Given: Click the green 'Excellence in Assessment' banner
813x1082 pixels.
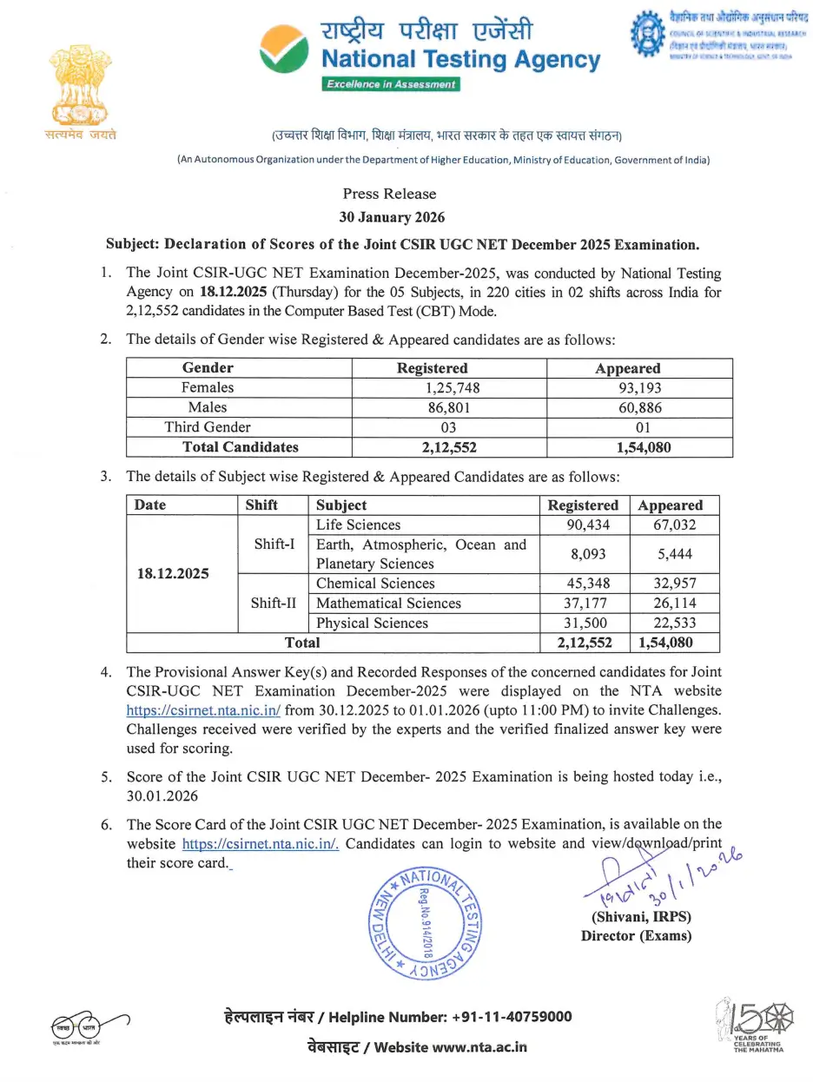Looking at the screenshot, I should click(390, 84).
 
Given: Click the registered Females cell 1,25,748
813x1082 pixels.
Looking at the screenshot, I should click(449, 387).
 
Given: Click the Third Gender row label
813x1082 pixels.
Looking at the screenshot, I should click(208, 427).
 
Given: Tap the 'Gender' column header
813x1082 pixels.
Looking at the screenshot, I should click(208, 368).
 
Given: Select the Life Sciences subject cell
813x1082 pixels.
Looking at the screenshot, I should click(359, 525).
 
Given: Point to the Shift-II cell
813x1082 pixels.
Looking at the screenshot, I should click(273, 603).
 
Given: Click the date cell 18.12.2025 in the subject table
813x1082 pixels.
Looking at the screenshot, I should click(174, 574).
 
